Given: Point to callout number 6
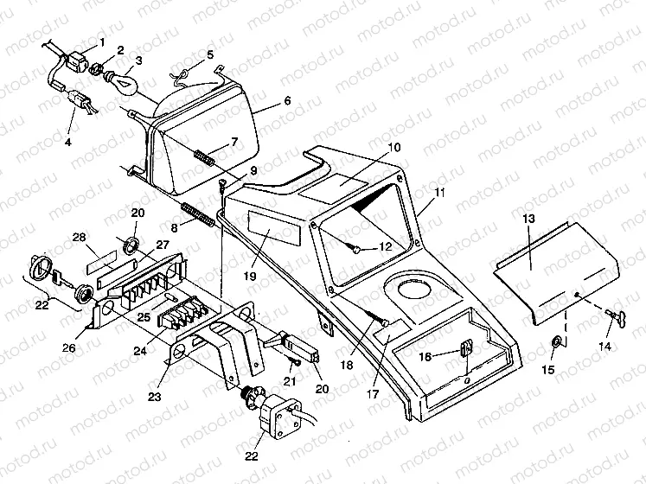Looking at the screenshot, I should tap(286, 101).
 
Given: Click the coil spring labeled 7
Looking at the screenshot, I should tap(202, 157).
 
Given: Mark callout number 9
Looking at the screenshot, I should tap(253, 170).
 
